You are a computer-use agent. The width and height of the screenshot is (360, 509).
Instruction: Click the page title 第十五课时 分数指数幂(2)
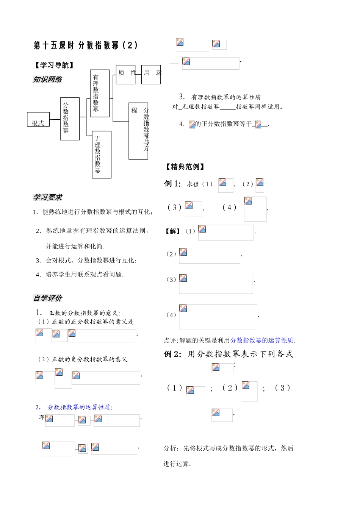tap(86, 46)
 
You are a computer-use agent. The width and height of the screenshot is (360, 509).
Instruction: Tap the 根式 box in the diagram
tap(38, 120)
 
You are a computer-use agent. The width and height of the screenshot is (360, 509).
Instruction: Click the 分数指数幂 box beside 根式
tap(70, 119)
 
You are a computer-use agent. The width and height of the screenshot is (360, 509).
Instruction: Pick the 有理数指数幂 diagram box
tap(100, 93)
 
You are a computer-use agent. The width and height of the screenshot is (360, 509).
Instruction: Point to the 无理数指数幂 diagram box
tap(102, 155)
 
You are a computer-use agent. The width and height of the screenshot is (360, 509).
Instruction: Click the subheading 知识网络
tap(47, 80)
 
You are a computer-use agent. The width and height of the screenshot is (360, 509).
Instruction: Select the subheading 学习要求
tap(47, 197)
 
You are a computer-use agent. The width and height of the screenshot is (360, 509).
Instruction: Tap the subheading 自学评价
tap(47, 298)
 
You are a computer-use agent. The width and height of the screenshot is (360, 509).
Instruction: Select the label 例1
tap(172, 184)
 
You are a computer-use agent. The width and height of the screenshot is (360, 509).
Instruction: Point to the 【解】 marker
tap(172, 231)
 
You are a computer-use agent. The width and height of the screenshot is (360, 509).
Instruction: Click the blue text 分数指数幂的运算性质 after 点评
tap(262, 340)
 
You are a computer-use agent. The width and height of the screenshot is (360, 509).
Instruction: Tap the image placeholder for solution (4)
tap(218, 316)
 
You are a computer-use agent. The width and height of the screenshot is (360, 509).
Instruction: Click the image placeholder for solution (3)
tap(216, 284)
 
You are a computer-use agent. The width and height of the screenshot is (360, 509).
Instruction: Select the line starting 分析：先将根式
tap(229, 448)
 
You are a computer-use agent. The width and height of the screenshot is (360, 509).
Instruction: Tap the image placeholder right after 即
tap(59, 420)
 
